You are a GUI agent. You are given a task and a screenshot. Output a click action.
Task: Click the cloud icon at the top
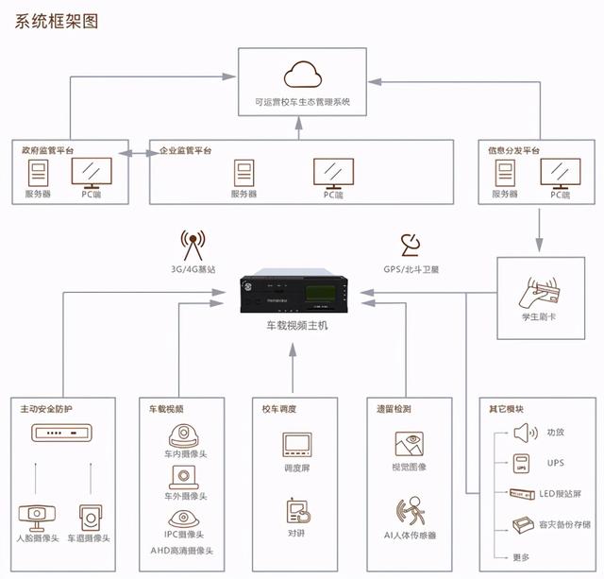(302, 72)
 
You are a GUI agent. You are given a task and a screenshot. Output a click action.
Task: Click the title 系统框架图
(57, 20)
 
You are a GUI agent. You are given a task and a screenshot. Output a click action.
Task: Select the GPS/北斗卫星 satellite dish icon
(411, 245)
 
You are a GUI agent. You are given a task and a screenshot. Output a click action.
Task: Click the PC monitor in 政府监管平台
(90, 172)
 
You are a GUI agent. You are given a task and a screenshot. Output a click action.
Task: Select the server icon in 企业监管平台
(243, 173)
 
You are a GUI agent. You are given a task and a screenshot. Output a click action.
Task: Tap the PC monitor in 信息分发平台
(555, 172)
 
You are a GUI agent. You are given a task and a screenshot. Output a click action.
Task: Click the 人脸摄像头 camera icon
(38, 517)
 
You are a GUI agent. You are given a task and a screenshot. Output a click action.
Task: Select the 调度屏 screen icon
(296, 445)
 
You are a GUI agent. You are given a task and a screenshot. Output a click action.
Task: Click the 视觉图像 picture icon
(410, 444)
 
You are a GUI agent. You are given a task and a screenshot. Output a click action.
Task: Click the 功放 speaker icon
(524, 433)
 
